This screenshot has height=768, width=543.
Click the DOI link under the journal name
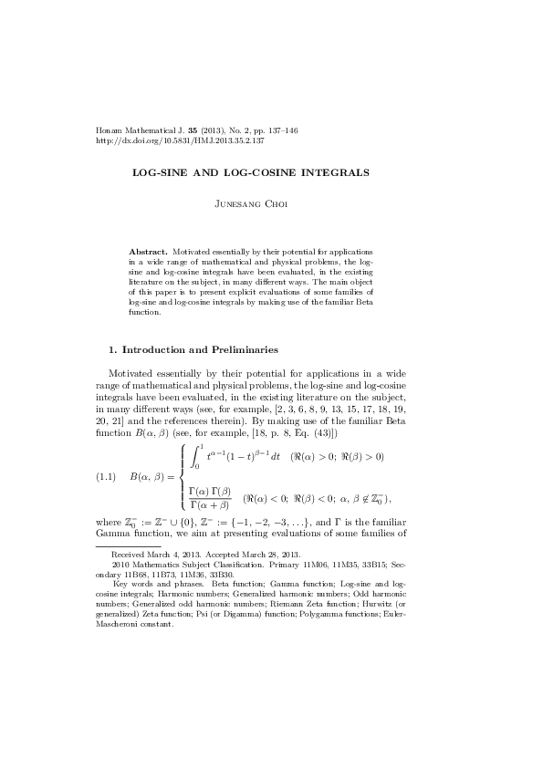180,142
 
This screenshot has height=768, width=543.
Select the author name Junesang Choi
271,207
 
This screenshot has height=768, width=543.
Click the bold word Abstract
149,250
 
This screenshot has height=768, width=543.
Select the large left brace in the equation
183,475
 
